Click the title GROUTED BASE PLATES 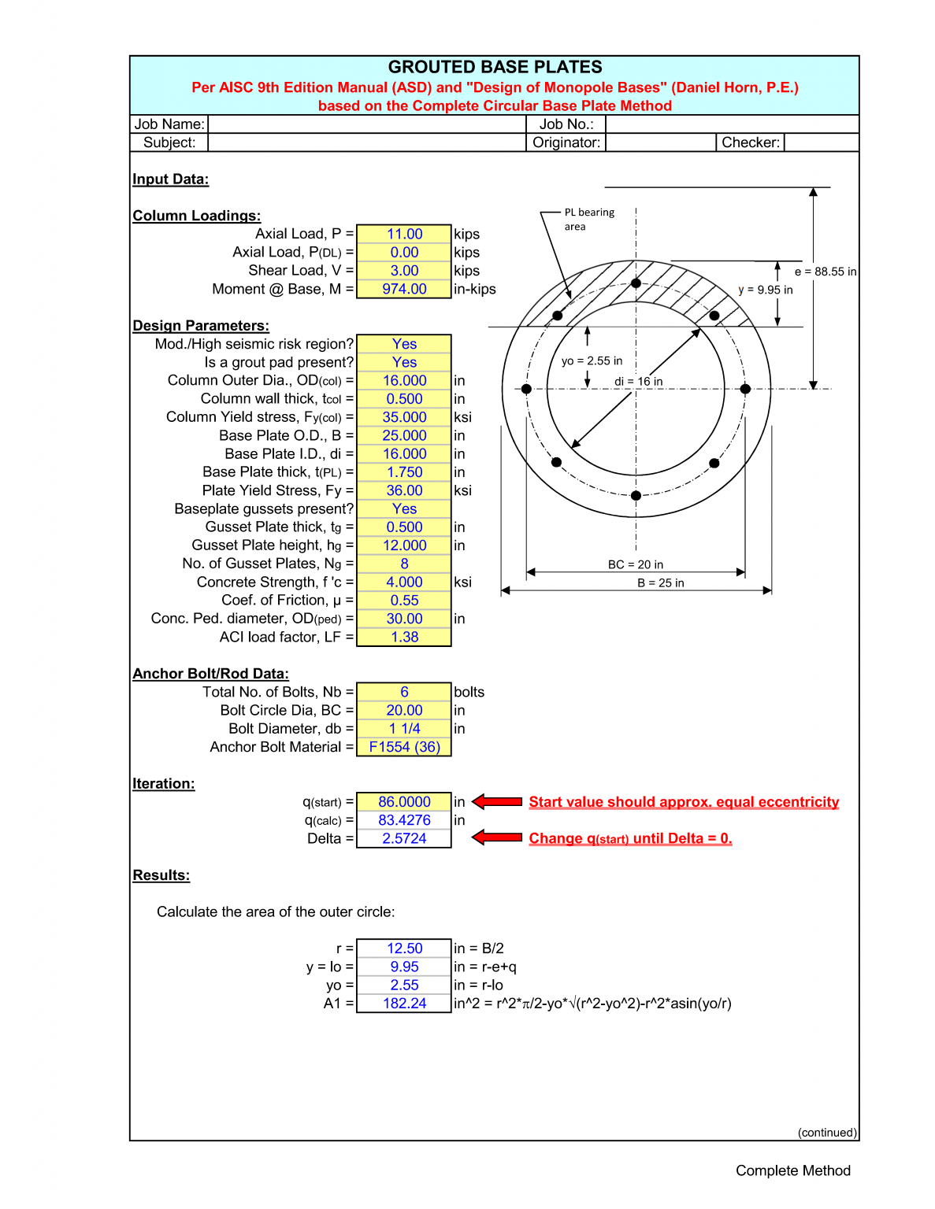pos(495,67)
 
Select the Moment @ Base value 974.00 pos(404,289)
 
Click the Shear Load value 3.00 pos(404,271)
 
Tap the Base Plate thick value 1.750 pos(404,472)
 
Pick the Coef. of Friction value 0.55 pos(404,601)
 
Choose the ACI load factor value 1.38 pos(404,637)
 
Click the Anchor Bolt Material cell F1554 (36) pos(404,747)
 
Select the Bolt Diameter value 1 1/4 pos(404,729)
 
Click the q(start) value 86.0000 pos(404,802)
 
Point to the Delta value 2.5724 pos(404,839)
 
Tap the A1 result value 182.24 pos(404,1004)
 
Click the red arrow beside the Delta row pos(497,837)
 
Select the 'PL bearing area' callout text pos(588,220)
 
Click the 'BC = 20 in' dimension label pos(635,564)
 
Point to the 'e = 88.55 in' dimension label pos(825,272)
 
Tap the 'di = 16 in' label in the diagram pos(638,382)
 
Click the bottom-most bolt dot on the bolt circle pos(636,496)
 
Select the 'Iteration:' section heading pos(163,784)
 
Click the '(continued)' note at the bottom pos(826,1133)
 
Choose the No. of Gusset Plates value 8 pos(404,564)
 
